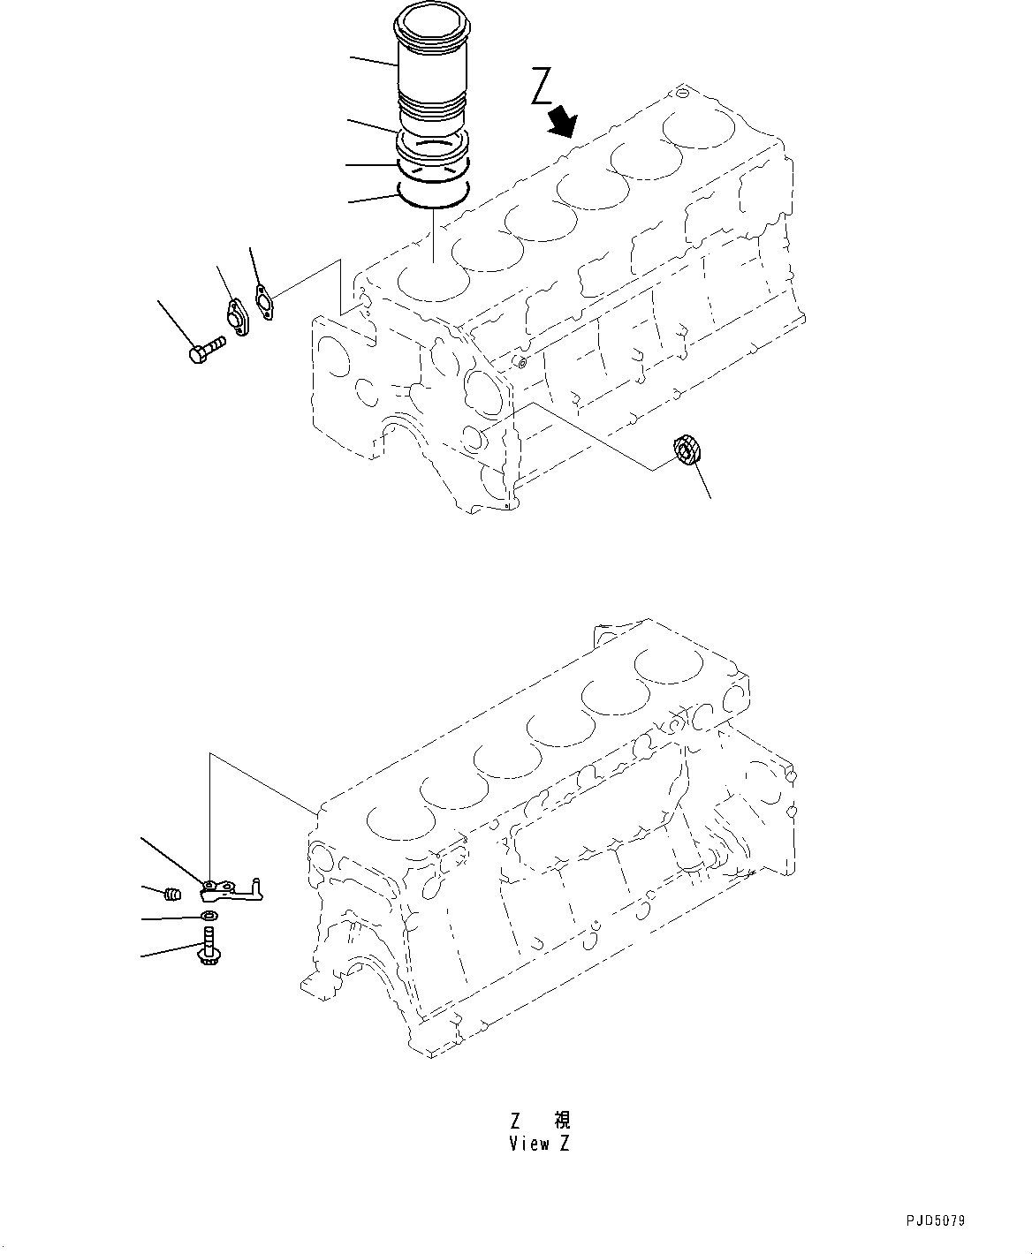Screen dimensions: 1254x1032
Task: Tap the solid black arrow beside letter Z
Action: tap(561, 121)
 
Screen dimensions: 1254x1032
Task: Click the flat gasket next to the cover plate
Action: tap(263, 299)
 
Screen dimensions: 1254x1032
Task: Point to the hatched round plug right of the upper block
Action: tap(687, 450)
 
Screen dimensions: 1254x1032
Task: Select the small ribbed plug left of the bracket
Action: tap(174, 895)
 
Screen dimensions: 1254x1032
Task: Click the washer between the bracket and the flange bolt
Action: tap(209, 918)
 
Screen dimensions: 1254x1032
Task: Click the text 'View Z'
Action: tap(539, 1144)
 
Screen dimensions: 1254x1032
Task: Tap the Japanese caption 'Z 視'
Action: tap(540, 1120)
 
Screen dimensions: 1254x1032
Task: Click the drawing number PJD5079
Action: tap(935, 1222)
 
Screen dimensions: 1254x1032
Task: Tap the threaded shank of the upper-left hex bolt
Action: tap(213, 344)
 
